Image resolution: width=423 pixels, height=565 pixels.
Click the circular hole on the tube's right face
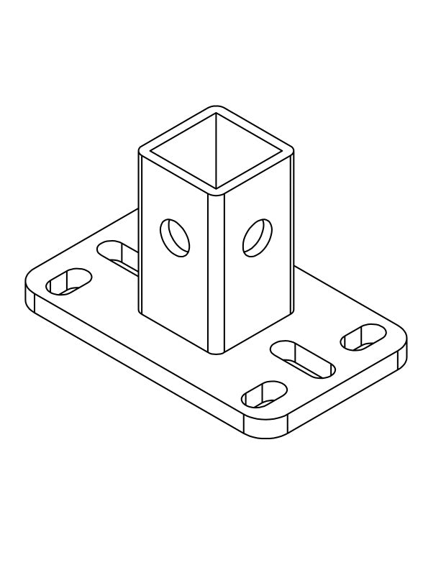pos(258,238)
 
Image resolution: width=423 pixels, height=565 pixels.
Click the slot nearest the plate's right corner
pos(363,337)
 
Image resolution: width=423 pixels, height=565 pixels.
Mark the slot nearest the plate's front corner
pos(264,394)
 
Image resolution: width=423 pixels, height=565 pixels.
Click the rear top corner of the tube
pos(216,109)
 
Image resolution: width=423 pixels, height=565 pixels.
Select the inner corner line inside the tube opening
pos(217,151)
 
